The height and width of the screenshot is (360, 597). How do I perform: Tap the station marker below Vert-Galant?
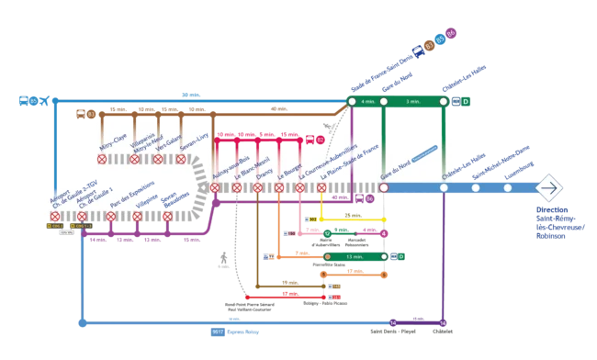coord(158,159)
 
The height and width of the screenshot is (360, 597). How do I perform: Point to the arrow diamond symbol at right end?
coord(548,187)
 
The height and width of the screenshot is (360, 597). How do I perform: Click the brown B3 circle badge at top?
coord(429,45)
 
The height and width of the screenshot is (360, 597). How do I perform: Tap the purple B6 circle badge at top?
coord(450,35)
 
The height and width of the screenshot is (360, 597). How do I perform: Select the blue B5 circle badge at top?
coord(440,39)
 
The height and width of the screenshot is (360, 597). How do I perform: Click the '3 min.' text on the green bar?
coord(413,101)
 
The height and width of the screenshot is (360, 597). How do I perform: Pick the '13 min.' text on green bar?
coord(354,256)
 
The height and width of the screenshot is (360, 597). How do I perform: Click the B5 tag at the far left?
coord(34,100)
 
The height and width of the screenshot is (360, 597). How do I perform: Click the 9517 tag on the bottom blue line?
coord(218,331)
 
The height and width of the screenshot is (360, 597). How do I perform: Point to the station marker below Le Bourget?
coord(300,187)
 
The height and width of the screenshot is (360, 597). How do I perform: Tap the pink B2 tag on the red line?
coord(320,140)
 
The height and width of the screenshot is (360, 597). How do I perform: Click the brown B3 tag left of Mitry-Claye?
coord(91,114)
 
